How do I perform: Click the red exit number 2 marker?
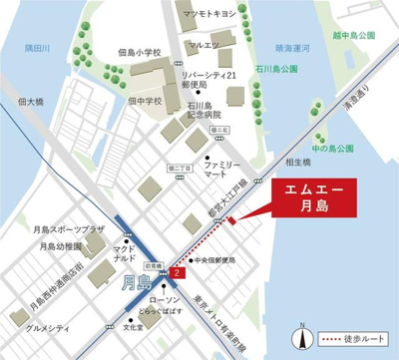click(x=177, y=272)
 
